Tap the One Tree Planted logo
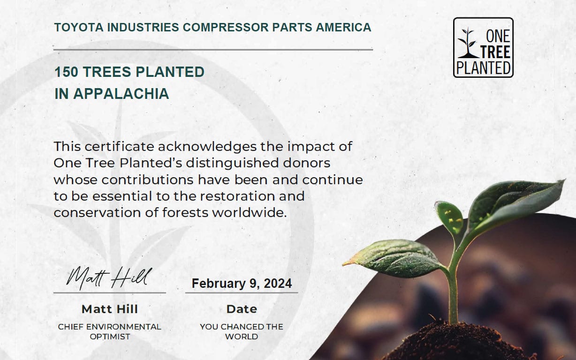483,47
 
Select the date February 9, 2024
242,284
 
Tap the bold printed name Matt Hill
110,309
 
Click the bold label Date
242,309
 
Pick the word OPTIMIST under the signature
110,337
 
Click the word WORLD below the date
242,337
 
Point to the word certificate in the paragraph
113,146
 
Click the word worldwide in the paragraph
249,212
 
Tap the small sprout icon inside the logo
467,43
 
